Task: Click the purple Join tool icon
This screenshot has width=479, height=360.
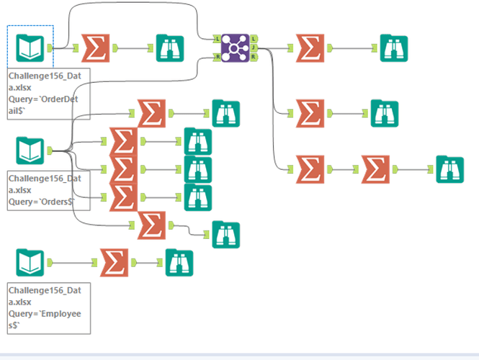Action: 235,48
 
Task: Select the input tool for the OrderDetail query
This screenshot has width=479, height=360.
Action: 30,48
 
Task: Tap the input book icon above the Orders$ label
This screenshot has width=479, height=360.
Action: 30,150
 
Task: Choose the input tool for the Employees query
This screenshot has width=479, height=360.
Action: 30,262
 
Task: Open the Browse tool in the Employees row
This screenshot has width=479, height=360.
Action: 180,262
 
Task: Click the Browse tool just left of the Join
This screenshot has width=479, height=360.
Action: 171,48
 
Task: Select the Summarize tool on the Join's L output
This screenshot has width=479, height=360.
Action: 310,48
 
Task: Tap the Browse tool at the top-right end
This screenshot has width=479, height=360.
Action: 394,48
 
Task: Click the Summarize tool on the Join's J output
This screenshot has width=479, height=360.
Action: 310,113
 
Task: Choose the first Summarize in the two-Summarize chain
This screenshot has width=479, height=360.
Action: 310,170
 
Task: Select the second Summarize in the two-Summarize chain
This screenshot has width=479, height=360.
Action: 375,170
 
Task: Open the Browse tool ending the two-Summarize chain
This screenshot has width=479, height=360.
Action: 450,170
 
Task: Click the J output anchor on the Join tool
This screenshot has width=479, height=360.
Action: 254,48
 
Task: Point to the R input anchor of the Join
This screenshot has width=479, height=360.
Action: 216,56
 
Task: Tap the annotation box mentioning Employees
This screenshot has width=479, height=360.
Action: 49,308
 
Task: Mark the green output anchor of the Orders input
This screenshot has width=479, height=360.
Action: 50,150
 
